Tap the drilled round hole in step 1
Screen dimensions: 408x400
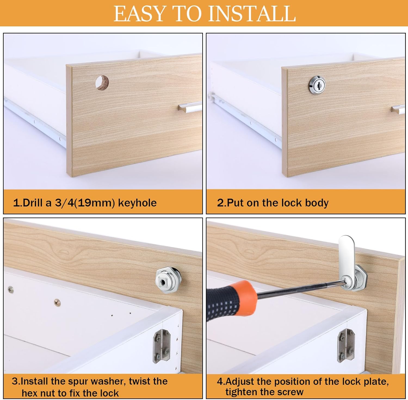(102, 82)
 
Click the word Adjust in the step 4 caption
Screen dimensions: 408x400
(240, 382)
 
